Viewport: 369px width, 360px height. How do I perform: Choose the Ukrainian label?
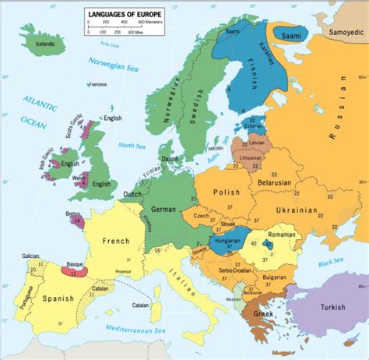[296, 210]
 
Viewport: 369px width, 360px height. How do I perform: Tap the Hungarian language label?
[224, 242]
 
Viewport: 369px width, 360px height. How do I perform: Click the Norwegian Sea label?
[111, 62]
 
